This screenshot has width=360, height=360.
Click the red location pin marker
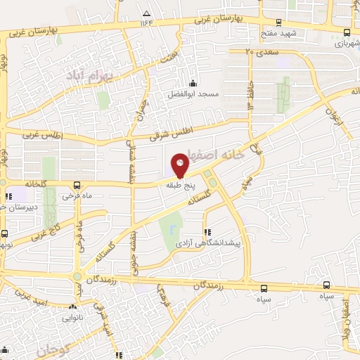click(179, 165)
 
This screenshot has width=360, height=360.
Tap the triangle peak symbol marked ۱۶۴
click(146, 13)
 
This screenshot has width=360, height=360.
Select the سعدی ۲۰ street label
click(259, 51)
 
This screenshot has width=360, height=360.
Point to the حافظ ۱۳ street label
click(250, 95)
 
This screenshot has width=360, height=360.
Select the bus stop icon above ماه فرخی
click(75, 186)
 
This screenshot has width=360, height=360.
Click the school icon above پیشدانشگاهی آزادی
click(206, 231)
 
